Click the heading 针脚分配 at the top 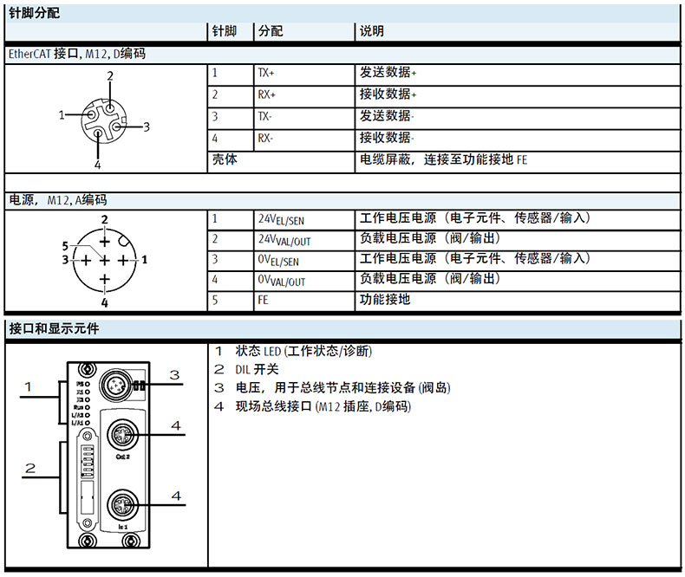click(x=35, y=12)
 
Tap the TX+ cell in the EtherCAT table click(x=266, y=74)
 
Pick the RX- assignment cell click(x=265, y=138)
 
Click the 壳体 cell click(x=225, y=159)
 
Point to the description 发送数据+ click(x=388, y=74)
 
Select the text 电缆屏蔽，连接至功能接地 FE click(x=443, y=159)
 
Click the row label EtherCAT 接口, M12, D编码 click(x=76, y=54)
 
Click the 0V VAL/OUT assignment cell click(x=282, y=281)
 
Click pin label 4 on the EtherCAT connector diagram click(x=98, y=165)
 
